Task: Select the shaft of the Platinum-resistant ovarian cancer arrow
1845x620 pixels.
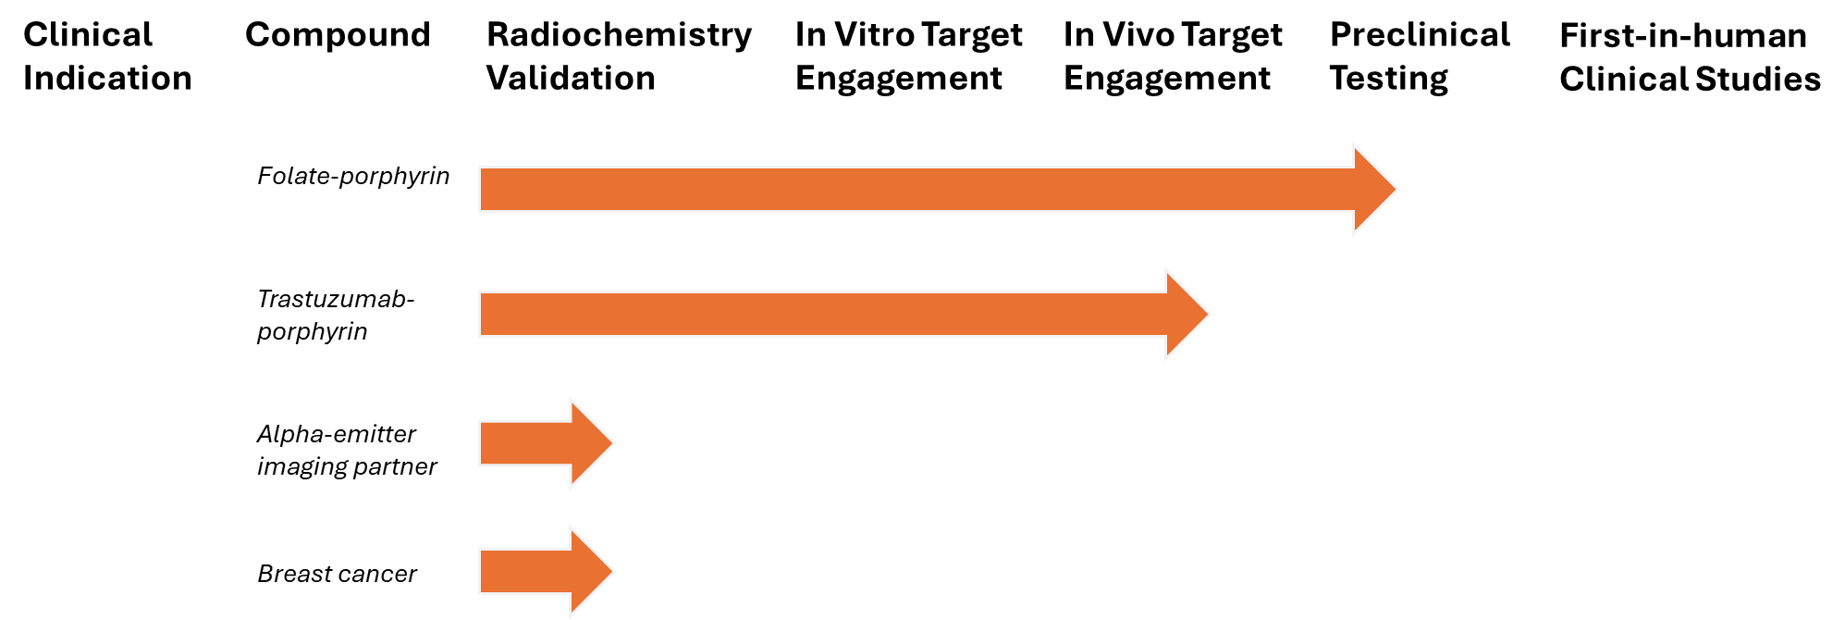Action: pyautogui.click(x=916, y=190)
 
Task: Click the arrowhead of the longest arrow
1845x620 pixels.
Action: pyautogui.click(x=1373, y=190)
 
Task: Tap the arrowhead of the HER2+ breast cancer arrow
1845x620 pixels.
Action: pyautogui.click(x=1186, y=315)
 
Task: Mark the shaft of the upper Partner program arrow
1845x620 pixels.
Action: pyautogui.click(x=523, y=443)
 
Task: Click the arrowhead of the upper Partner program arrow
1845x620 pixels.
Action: pyautogui.click(x=590, y=443)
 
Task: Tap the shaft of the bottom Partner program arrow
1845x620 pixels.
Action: pyautogui.click(x=523, y=571)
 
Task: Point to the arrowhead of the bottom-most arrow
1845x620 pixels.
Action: pyautogui.click(x=590, y=571)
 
